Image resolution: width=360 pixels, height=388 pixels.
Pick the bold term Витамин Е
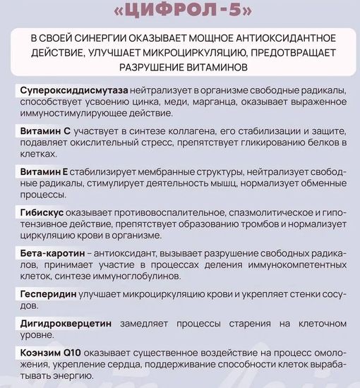43,171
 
